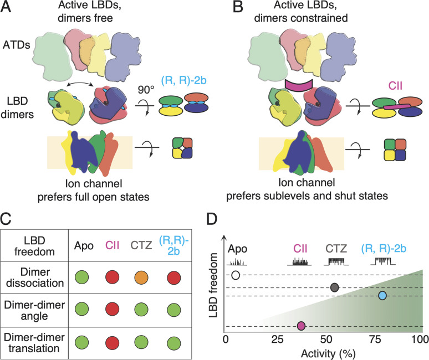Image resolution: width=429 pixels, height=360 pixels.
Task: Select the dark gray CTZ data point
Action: tap(334, 287)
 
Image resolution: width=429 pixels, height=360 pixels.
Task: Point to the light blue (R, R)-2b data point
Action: tap(382, 295)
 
